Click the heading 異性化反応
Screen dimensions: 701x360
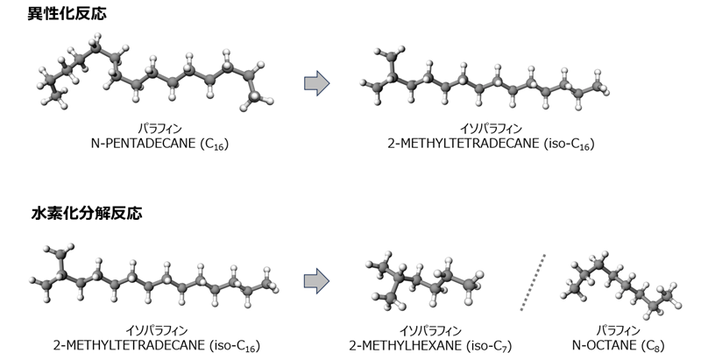[67, 13]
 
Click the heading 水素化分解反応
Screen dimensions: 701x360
[87, 213]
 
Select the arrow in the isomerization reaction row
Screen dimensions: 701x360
[317, 83]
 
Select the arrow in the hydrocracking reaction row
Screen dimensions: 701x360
[317, 281]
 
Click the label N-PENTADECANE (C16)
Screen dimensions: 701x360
[159, 144]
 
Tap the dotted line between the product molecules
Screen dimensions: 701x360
[533, 282]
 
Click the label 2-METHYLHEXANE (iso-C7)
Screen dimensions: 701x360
[430, 346]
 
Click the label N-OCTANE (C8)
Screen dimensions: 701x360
[619, 346]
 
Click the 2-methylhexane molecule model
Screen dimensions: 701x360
[425, 281]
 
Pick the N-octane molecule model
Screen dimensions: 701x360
[625, 285]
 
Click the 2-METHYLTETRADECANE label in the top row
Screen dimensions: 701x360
[491, 144]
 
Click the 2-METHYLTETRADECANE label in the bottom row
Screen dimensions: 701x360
[157, 346]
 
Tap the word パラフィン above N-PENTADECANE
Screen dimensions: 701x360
[159, 129]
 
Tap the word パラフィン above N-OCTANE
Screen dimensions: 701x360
[619, 330]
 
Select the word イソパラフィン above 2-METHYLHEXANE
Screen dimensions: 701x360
[430, 330]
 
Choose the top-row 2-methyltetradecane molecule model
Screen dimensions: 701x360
[485, 78]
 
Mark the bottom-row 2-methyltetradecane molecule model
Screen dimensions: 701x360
[155, 276]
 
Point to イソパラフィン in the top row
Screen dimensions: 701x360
[491, 129]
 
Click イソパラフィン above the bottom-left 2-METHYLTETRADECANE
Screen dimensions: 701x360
[157, 330]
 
